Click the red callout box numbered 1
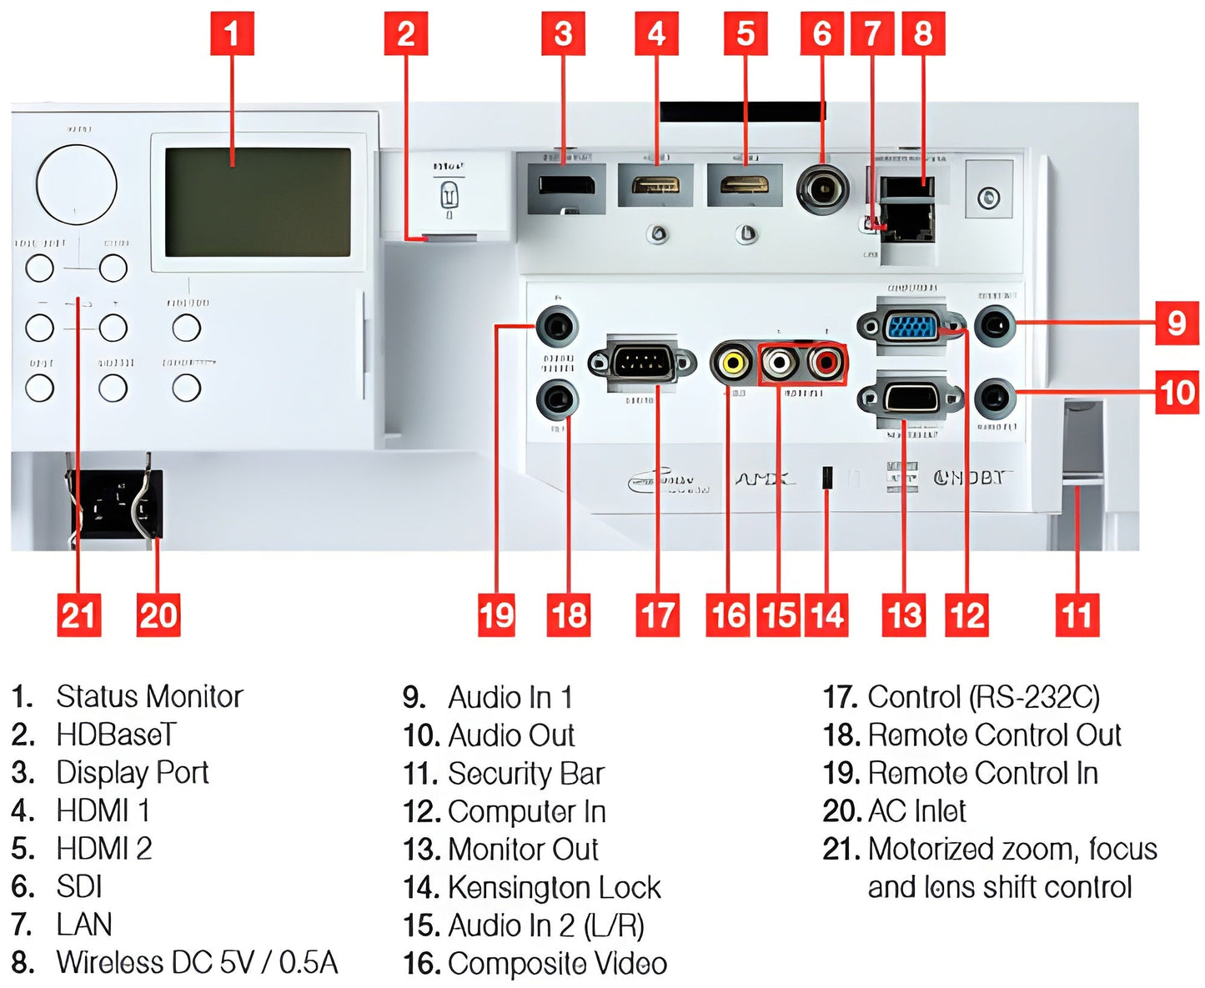231,34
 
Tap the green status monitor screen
258,203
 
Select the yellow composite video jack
731,362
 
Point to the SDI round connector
822,190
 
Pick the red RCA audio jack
826,362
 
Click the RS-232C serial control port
642,363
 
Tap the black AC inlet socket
116,503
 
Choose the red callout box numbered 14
826,615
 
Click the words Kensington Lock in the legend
555,888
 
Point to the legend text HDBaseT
116,735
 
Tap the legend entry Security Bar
526,774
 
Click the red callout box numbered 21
78,615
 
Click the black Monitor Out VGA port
911,398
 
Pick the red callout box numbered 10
1177,392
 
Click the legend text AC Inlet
916,811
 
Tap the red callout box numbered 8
922,34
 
